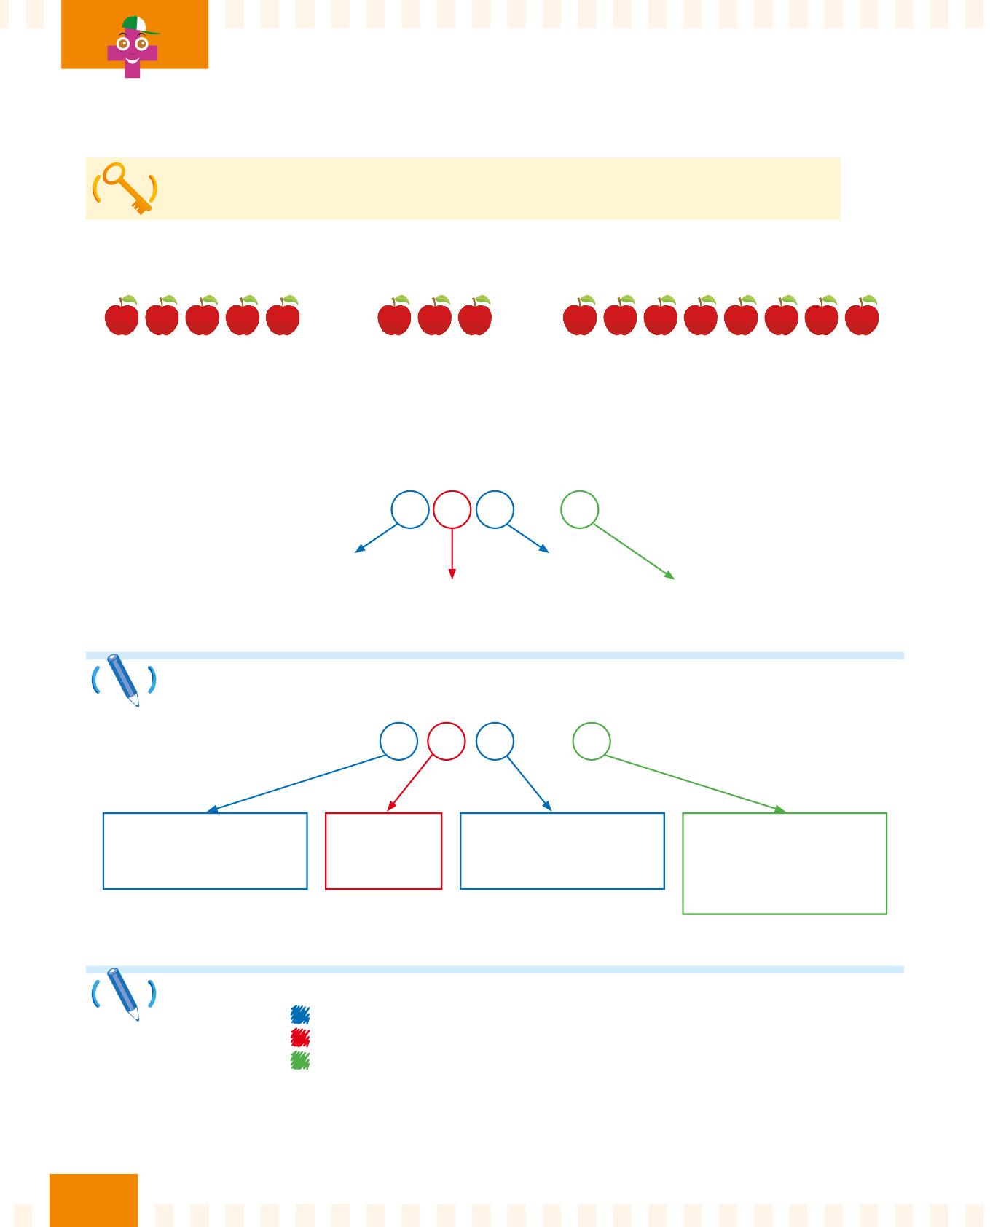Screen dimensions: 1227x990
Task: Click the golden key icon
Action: (x=125, y=187)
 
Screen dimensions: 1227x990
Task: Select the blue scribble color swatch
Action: (x=299, y=1014)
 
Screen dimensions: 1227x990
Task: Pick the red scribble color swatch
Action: (x=299, y=1037)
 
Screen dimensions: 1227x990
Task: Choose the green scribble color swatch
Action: (x=299, y=1060)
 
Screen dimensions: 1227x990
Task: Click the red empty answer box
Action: (x=383, y=850)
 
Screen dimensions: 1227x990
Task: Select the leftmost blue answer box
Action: (x=205, y=850)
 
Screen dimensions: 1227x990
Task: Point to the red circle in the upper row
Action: (x=452, y=509)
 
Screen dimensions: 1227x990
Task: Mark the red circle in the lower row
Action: (x=446, y=741)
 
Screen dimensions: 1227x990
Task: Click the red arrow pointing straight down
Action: (x=452, y=554)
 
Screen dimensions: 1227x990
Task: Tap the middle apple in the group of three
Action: (x=435, y=317)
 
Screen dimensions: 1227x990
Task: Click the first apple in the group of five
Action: (x=122, y=317)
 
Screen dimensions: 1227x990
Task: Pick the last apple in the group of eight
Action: (x=862, y=317)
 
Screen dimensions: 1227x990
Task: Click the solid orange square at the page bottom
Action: (x=93, y=1199)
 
